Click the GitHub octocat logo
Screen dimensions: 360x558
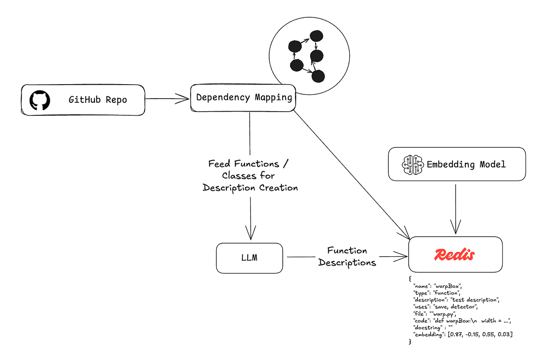click(x=40, y=100)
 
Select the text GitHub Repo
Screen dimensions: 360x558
click(x=98, y=100)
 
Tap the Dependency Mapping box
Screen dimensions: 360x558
click(x=244, y=98)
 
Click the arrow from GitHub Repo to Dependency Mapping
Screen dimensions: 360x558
click(x=167, y=99)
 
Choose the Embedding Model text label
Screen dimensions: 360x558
click(x=466, y=164)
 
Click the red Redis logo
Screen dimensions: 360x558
click(x=455, y=254)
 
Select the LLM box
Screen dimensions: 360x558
click(x=249, y=258)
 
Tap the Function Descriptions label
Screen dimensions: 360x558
click(x=346, y=257)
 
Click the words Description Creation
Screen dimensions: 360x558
click(x=250, y=188)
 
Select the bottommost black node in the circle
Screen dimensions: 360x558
click(x=318, y=76)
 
